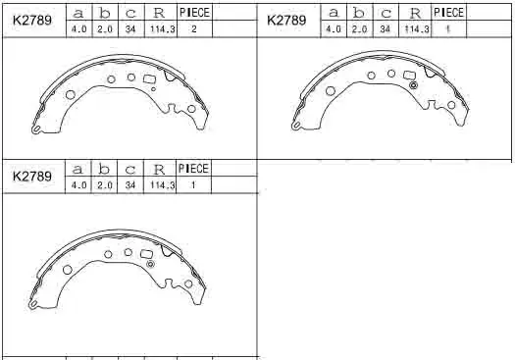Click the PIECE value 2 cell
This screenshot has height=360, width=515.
(194, 28)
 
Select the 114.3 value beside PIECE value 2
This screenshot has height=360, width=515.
(162, 29)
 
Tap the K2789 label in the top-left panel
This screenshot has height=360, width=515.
(32, 21)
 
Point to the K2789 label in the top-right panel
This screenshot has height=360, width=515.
(286, 20)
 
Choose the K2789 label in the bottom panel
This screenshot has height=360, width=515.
(32, 177)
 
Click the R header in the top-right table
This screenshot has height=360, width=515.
(415, 13)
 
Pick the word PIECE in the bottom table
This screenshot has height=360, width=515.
(193, 169)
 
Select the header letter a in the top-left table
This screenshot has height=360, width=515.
(78, 14)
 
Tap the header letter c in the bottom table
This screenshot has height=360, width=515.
(130, 170)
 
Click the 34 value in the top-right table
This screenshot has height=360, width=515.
(385, 28)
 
